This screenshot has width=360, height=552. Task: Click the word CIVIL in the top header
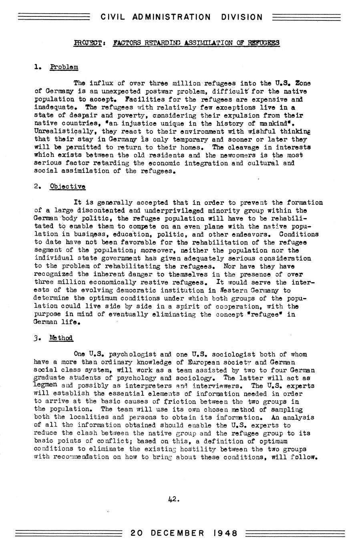112,17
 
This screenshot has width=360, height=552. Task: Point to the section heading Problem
64,67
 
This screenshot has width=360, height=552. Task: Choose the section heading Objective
67,187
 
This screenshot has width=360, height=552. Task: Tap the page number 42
173,499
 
